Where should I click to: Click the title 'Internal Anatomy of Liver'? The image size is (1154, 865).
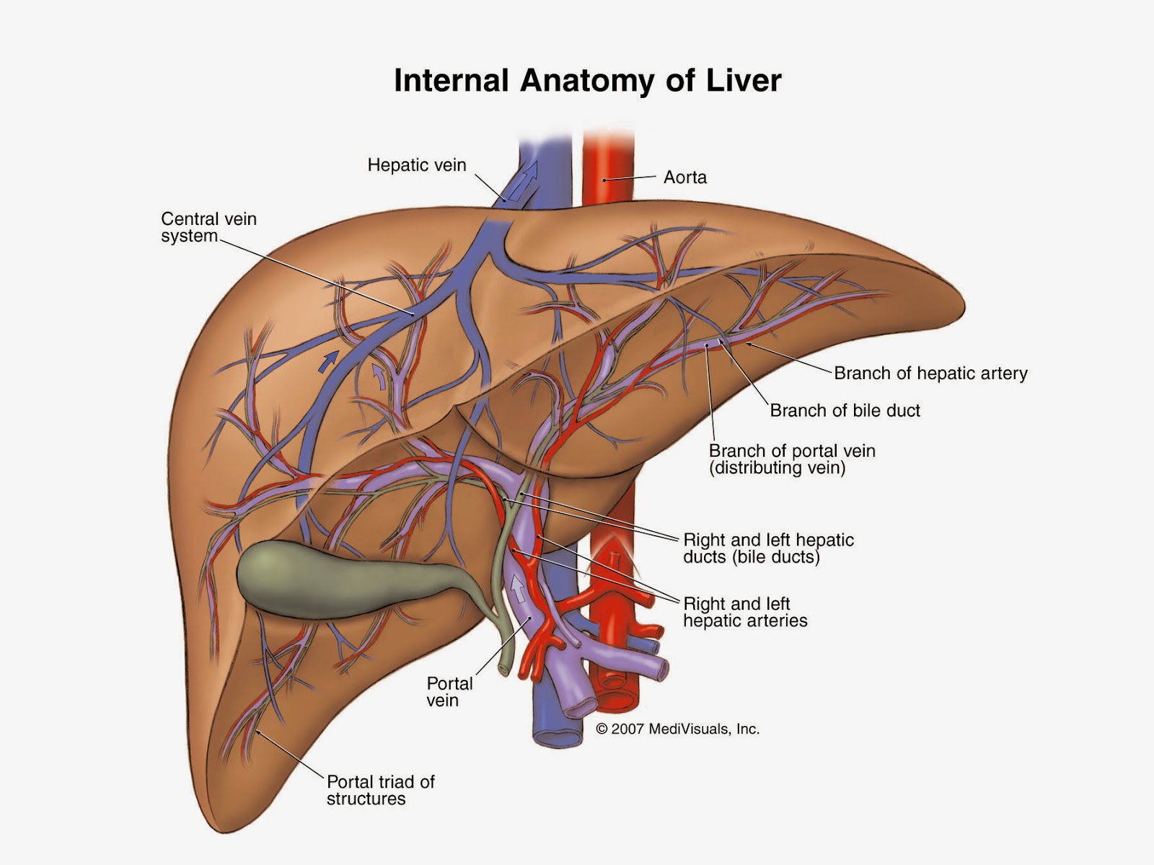coord(587,80)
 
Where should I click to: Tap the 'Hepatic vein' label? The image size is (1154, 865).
coord(417,165)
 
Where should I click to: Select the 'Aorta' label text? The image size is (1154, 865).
coord(684,177)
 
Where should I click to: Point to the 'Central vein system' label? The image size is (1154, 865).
coord(208,227)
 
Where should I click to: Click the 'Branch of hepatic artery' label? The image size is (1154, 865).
coord(930,373)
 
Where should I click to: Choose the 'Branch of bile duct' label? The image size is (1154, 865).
coord(845,411)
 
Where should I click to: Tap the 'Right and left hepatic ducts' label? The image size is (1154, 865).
coord(768,548)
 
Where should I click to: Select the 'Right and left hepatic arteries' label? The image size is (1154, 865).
coord(745,612)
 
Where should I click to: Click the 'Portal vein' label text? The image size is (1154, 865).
coord(449,692)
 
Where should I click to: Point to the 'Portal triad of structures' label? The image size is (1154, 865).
coord(380,790)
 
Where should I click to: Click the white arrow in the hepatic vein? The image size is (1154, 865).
coord(529,173)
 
